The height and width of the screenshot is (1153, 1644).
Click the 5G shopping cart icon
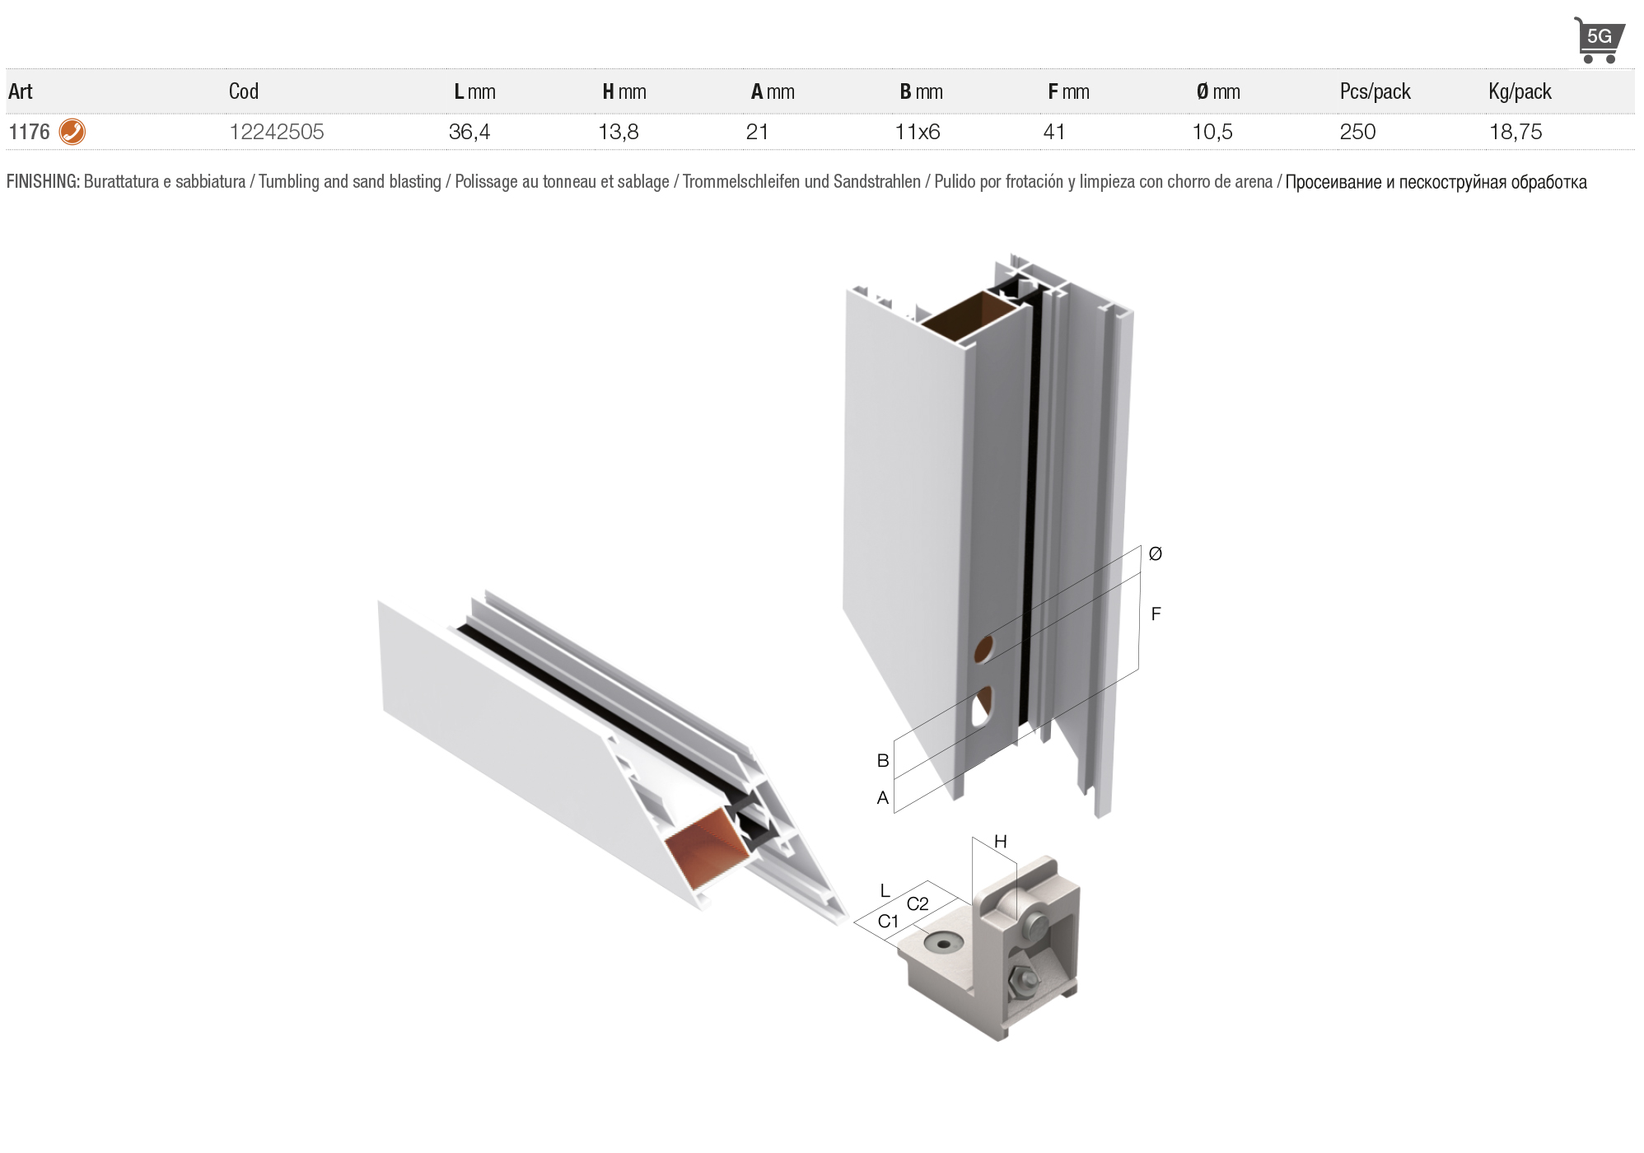[x=1599, y=40]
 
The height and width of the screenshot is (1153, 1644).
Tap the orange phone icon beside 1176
[x=72, y=132]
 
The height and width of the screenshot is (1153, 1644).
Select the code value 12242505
[x=277, y=132]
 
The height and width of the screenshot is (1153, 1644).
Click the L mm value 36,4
[x=469, y=132]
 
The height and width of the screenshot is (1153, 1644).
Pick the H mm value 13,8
[x=619, y=132]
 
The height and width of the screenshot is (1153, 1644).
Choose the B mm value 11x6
[x=918, y=132]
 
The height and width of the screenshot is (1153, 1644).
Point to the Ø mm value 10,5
[x=1212, y=132]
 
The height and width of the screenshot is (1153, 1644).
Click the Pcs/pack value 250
[x=1357, y=132]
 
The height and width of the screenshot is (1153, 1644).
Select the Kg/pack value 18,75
[x=1516, y=132]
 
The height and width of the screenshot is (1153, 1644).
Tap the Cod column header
[x=244, y=91]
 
